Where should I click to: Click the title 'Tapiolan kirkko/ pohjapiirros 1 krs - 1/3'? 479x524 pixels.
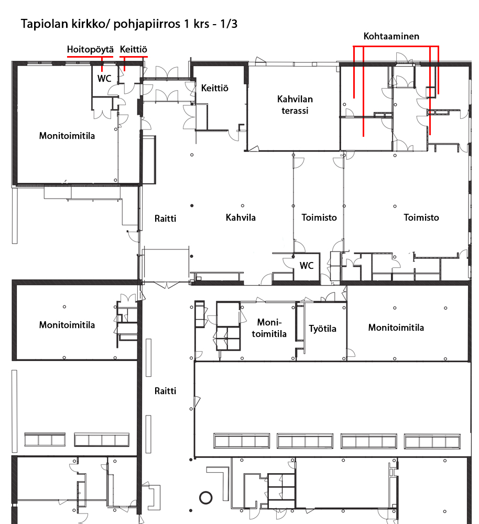click(x=129, y=24)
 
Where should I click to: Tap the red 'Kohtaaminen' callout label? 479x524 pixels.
click(x=391, y=36)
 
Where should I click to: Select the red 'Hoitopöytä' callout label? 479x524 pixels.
click(x=90, y=49)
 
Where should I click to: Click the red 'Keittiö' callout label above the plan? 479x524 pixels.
click(x=133, y=49)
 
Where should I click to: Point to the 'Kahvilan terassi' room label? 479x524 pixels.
click(x=295, y=105)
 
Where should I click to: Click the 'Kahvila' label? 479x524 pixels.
click(x=241, y=217)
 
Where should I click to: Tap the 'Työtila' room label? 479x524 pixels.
click(x=322, y=329)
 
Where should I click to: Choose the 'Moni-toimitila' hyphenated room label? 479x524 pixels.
click(x=269, y=328)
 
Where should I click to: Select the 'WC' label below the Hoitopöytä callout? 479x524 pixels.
click(x=104, y=79)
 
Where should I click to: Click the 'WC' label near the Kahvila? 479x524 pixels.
click(x=307, y=266)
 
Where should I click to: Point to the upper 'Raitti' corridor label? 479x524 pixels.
click(x=165, y=219)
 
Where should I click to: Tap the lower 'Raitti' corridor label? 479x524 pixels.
click(x=165, y=391)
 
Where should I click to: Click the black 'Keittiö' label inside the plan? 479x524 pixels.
click(x=214, y=88)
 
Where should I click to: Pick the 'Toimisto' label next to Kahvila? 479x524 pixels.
click(x=319, y=217)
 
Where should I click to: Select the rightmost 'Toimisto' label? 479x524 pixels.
click(x=421, y=217)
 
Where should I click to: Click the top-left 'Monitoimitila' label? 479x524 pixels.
click(x=67, y=136)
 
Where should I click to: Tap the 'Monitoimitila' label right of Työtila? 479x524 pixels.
click(x=396, y=327)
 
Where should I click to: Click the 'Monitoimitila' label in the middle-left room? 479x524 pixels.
click(x=67, y=325)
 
